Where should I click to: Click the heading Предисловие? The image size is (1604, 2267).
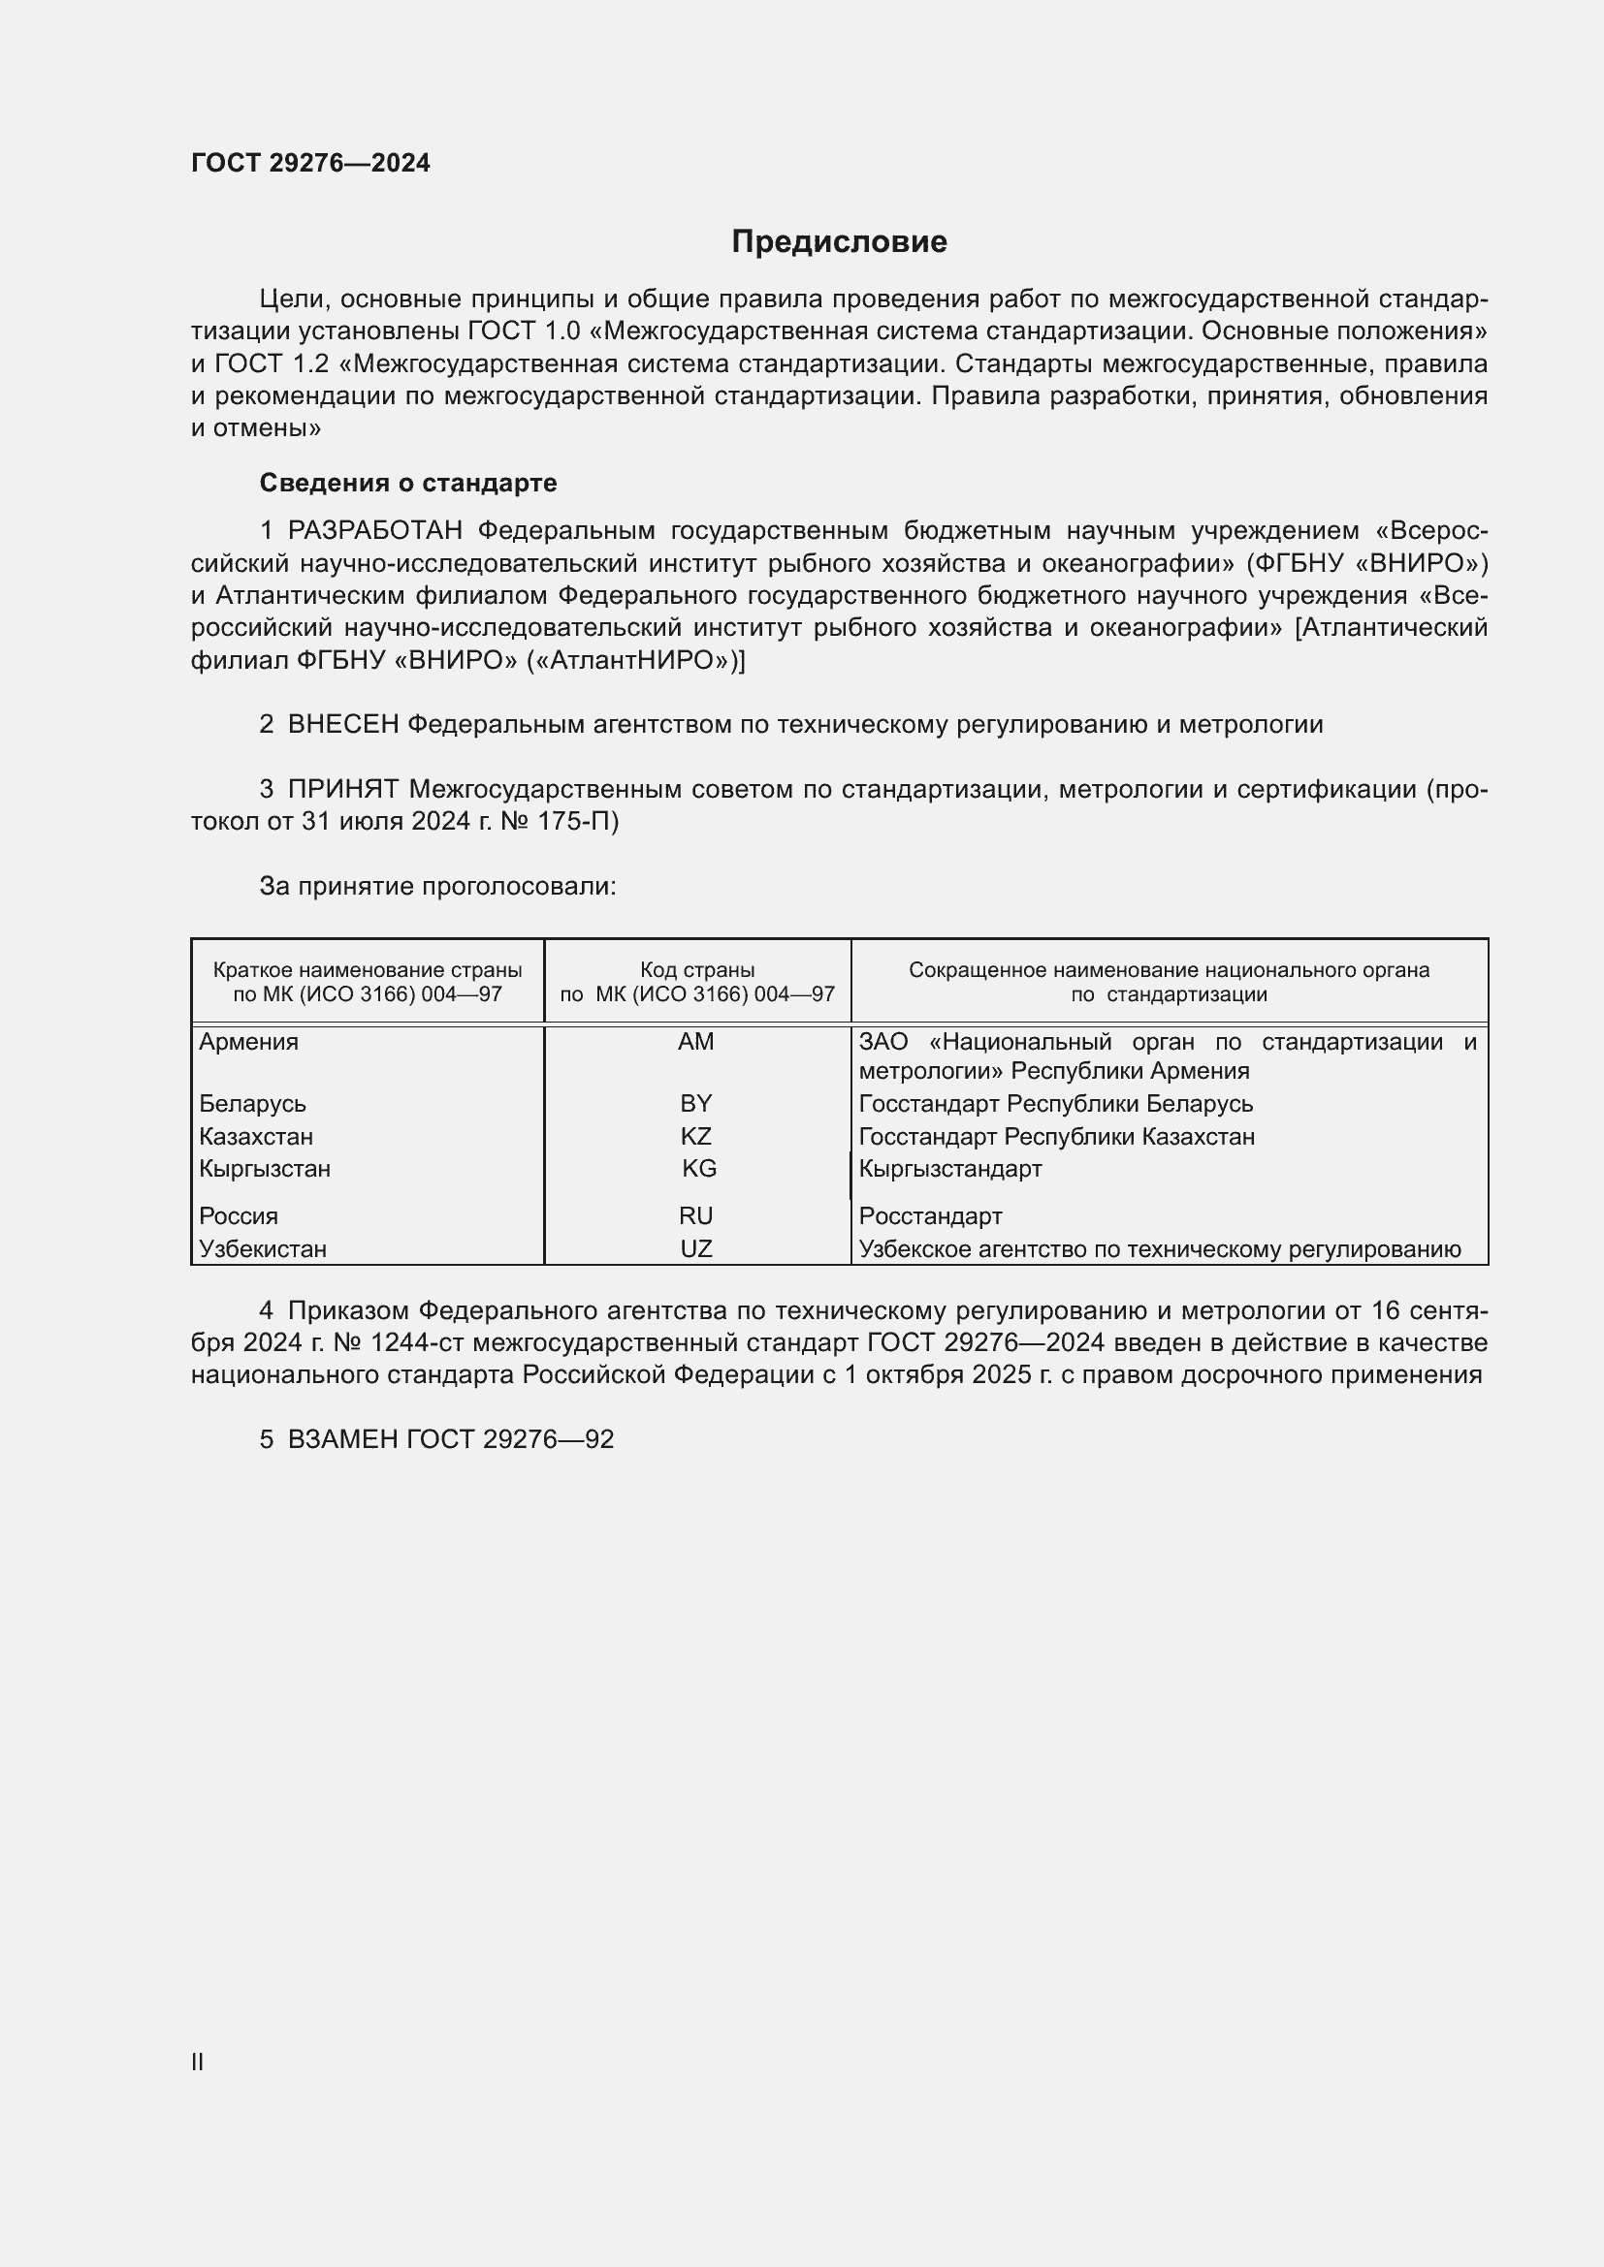[x=839, y=242]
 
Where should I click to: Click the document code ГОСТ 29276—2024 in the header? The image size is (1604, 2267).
[x=310, y=163]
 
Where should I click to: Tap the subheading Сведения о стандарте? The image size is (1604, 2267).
[x=408, y=483]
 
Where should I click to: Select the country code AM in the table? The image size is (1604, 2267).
[x=695, y=1042]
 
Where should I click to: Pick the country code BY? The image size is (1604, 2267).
[x=695, y=1103]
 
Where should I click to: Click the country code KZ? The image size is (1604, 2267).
[x=695, y=1136]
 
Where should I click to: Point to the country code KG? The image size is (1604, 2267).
[x=698, y=1168]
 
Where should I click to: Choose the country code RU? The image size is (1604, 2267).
[x=695, y=1215]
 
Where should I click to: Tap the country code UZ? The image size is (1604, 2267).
[x=695, y=1248]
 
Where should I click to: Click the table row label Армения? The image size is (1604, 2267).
[x=248, y=1042]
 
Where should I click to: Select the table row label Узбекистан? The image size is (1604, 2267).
[x=262, y=1248]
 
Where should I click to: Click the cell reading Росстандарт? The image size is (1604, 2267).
[x=929, y=1215]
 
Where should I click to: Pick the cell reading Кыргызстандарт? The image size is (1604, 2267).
[x=949, y=1168]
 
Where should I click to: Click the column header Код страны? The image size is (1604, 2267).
[x=696, y=969]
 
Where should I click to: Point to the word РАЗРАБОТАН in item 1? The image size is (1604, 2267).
[x=374, y=531]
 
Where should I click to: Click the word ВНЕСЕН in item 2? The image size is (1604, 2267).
[x=342, y=725]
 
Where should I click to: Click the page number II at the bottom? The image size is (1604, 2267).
[x=198, y=2062]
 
